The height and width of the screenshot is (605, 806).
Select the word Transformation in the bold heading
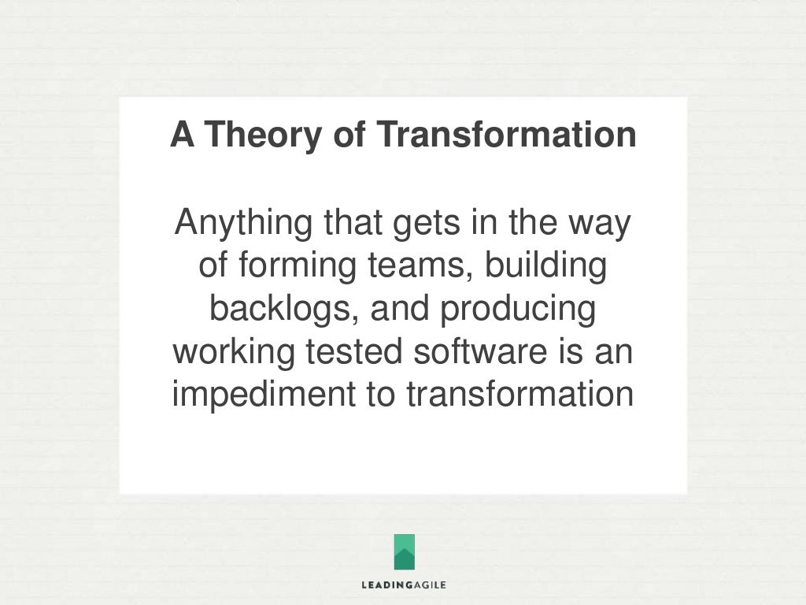point(505,135)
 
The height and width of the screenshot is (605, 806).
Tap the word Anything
point(243,225)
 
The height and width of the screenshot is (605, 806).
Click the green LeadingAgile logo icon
point(404,551)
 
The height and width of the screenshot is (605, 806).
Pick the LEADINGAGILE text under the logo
point(404,585)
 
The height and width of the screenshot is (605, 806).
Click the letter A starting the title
point(182,135)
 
